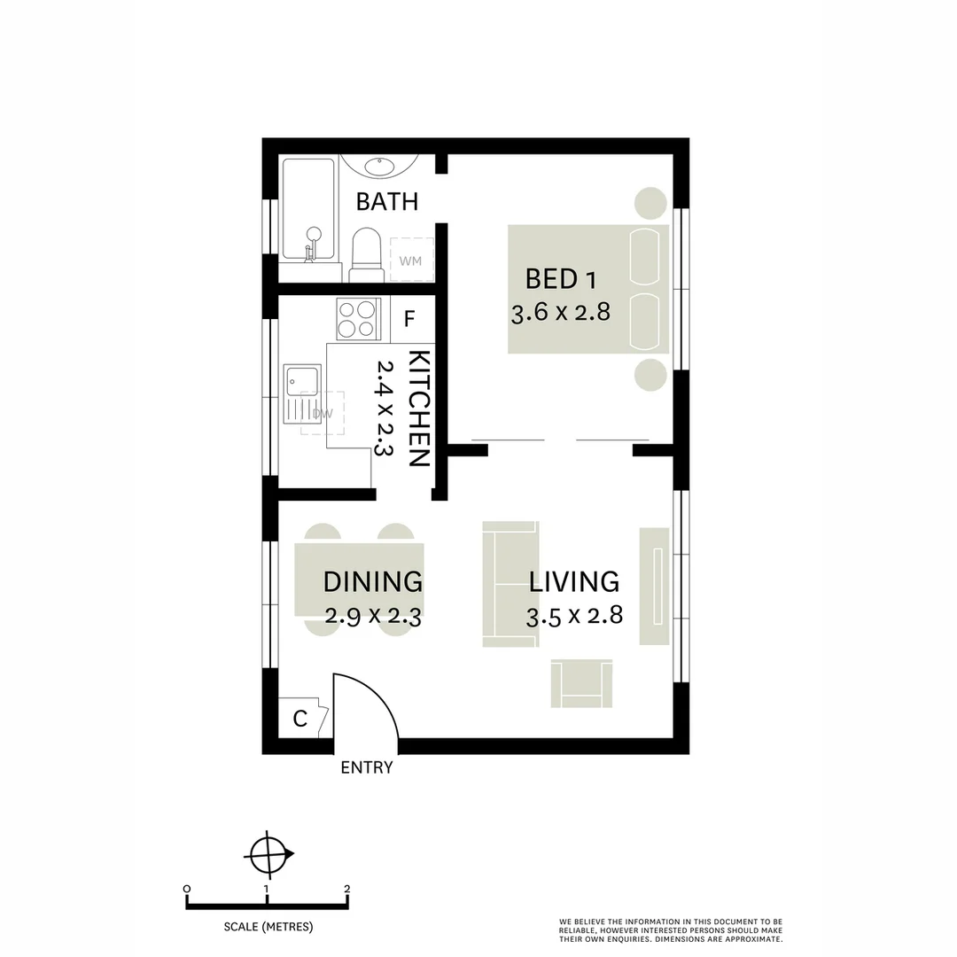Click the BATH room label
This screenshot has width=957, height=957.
coord(386,201)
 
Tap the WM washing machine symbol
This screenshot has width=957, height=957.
coord(410,261)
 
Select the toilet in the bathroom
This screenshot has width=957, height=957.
coord(364,253)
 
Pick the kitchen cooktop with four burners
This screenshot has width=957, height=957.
coord(358,319)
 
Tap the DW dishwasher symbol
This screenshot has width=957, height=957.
coord(321,413)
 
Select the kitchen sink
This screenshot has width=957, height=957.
coord(294,386)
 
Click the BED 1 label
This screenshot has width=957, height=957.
coord(560,279)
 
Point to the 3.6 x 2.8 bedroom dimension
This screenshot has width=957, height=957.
coord(561,313)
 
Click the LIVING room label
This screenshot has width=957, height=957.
coord(573,582)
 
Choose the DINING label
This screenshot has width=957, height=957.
coord(372,582)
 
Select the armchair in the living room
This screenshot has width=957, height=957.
coord(581,683)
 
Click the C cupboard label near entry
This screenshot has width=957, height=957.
coord(300,719)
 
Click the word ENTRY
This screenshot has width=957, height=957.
coord(366,768)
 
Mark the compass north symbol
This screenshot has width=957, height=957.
coord(268,855)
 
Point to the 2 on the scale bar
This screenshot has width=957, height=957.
coord(346,889)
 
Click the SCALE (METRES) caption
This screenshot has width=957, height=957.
coord(268,927)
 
